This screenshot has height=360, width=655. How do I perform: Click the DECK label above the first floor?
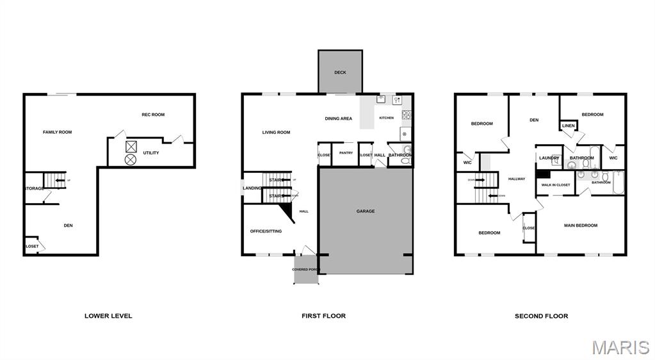[340, 72]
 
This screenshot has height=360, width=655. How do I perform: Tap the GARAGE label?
[366, 211]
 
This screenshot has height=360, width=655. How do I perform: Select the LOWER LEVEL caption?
[108, 316]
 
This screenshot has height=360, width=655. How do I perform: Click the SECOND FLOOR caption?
[541, 316]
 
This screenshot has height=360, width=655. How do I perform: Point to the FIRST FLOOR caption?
[323, 316]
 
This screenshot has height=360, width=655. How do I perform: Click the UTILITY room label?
[151, 152]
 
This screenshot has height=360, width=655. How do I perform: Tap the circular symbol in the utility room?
[131, 158]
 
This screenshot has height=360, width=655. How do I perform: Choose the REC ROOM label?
[153, 115]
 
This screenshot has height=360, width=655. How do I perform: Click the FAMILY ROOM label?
[57, 132]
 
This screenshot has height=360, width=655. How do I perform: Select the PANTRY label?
[346, 152]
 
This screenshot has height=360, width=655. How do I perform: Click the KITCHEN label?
[387, 118]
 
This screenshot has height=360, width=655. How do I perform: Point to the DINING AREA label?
[338, 119]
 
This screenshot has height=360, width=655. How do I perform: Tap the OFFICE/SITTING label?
[266, 231]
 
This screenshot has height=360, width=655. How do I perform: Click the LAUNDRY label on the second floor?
[549, 158]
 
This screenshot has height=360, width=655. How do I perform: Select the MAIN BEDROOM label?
[580, 225]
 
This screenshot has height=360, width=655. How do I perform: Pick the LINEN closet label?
[569, 126]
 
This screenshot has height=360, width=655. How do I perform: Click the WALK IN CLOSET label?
[555, 185]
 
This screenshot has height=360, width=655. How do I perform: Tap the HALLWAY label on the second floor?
[516, 179]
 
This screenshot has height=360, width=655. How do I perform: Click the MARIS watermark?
[620, 347]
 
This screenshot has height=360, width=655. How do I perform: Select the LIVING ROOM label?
[276, 133]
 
